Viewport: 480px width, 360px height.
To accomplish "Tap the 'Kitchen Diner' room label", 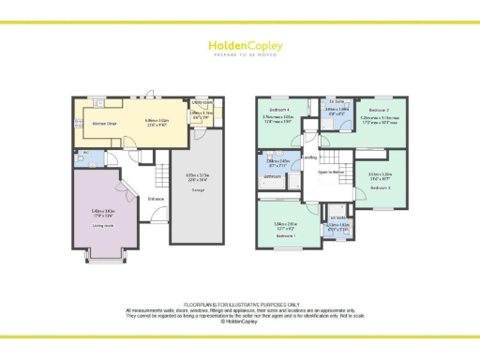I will (104, 123).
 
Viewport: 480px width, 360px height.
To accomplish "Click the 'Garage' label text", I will (199, 190).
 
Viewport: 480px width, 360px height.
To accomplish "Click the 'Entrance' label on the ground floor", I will (156, 199).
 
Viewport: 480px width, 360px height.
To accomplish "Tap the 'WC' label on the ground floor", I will (85, 152).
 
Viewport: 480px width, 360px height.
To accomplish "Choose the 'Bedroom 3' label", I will (380, 188).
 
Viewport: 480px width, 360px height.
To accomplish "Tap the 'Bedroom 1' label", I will (285, 235).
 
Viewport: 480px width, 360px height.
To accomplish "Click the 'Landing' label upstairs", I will (310, 158).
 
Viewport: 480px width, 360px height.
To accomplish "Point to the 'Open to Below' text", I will (332, 172).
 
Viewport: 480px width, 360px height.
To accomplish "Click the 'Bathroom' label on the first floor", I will (273, 176).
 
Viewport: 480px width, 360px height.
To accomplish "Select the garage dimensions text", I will (197, 176).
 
